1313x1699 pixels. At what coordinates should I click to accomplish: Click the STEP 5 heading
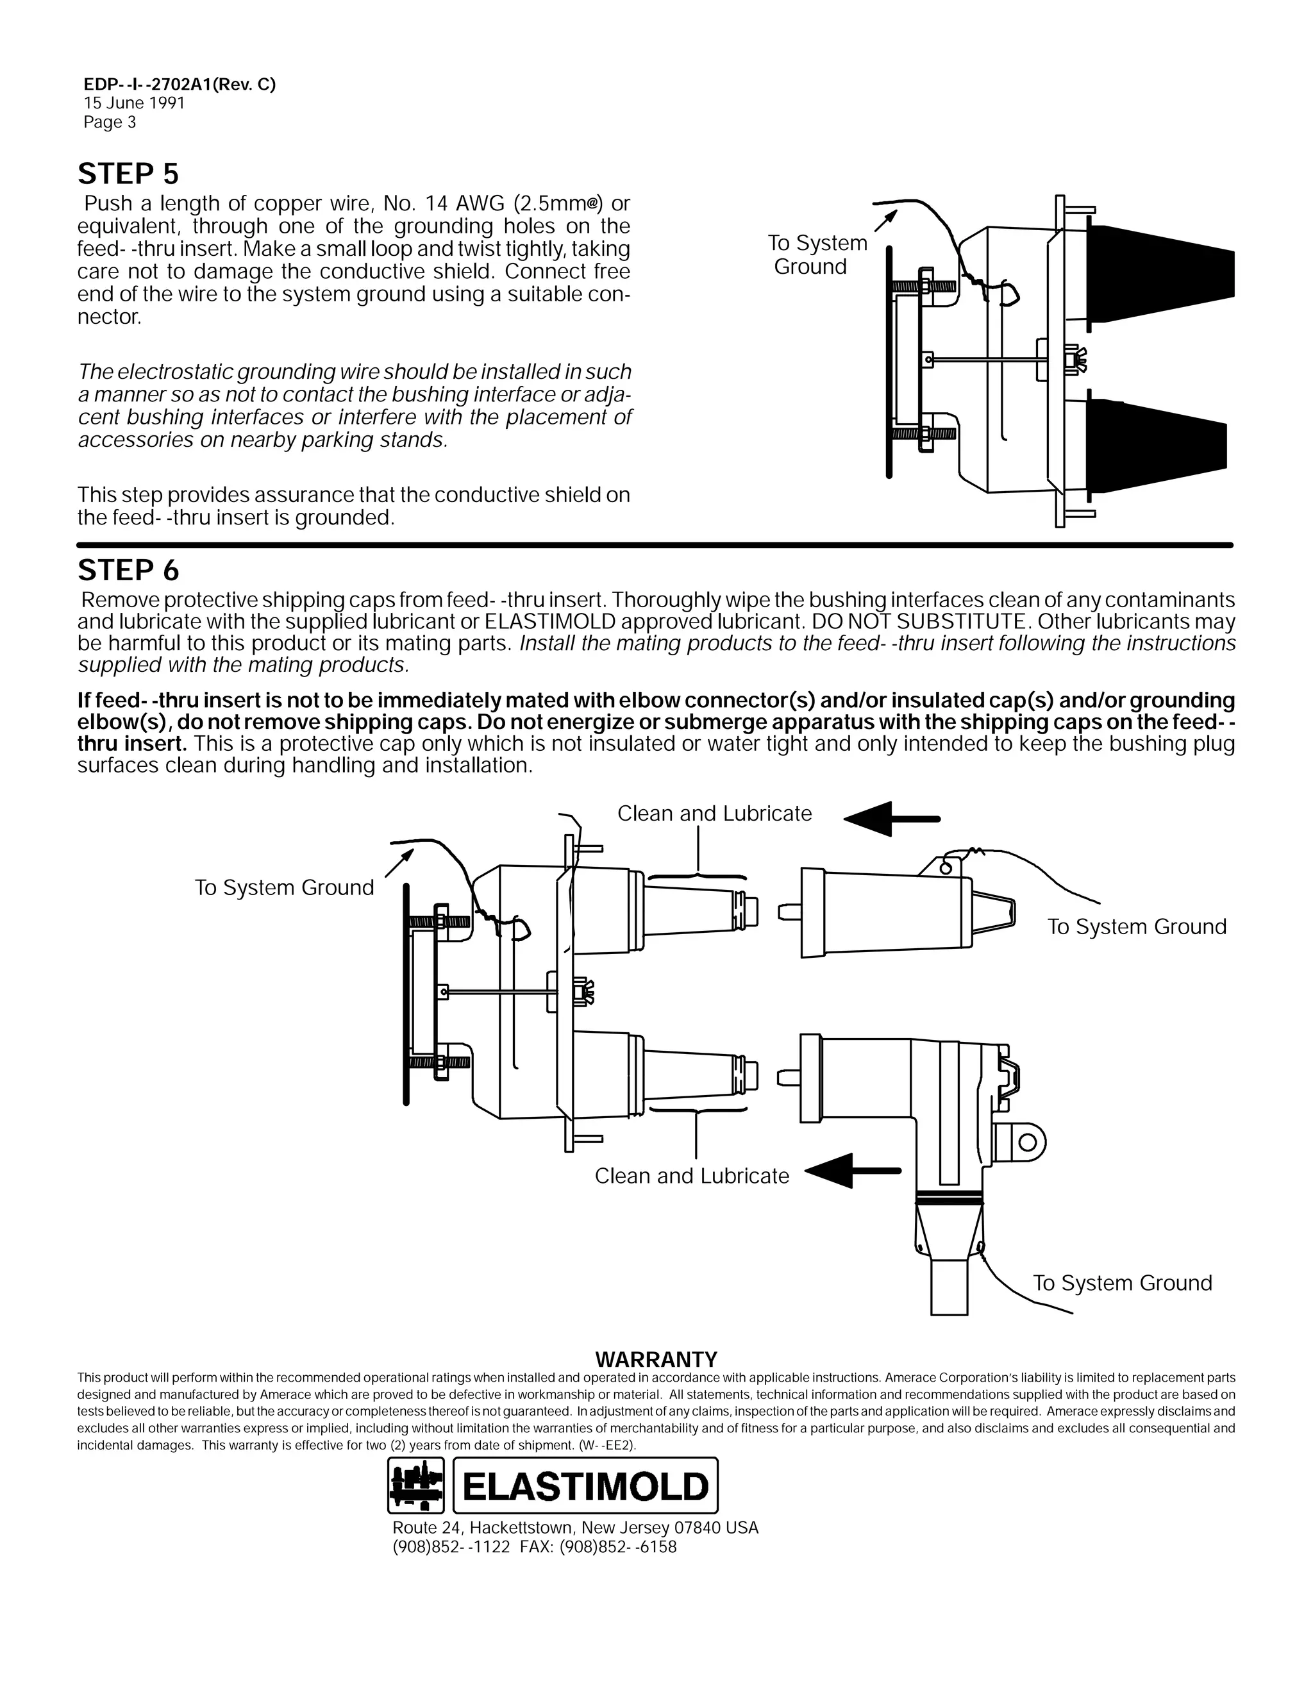point(128,174)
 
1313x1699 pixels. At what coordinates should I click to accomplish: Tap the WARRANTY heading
point(656,1359)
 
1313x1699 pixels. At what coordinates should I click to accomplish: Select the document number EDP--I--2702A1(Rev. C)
point(180,85)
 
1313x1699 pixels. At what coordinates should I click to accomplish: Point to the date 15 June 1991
point(134,103)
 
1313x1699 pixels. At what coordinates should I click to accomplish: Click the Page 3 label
point(110,122)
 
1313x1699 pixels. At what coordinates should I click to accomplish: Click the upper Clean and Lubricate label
point(714,814)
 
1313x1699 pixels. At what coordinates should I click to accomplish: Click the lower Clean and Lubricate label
point(692,1175)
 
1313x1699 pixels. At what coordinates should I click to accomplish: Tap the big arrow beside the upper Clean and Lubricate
point(891,819)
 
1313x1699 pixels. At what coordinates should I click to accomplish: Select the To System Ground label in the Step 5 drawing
point(817,255)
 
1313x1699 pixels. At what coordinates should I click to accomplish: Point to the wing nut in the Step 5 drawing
point(1076,360)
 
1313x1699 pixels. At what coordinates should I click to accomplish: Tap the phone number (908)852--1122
point(451,1568)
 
